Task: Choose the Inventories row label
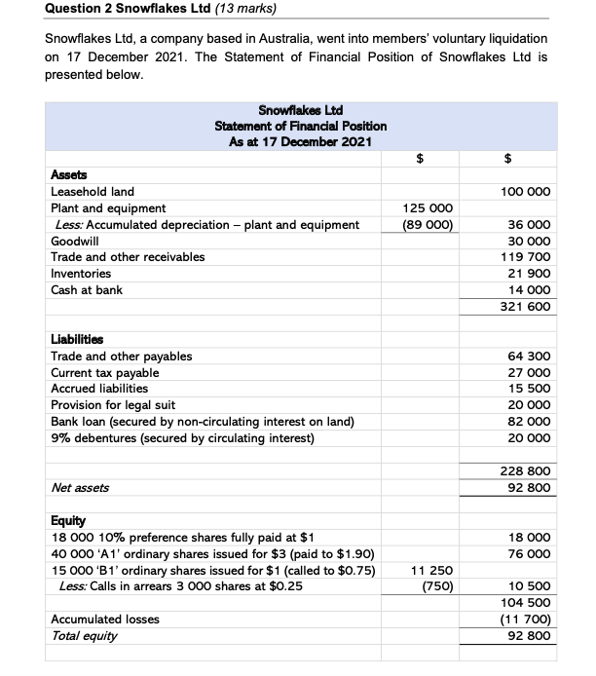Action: tap(81, 274)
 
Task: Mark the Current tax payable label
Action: tap(104, 373)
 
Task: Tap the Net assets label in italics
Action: tap(80, 487)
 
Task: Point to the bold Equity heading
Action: tap(68, 520)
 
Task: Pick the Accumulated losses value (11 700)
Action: tap(528, 619)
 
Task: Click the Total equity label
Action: tap(85, 635)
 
